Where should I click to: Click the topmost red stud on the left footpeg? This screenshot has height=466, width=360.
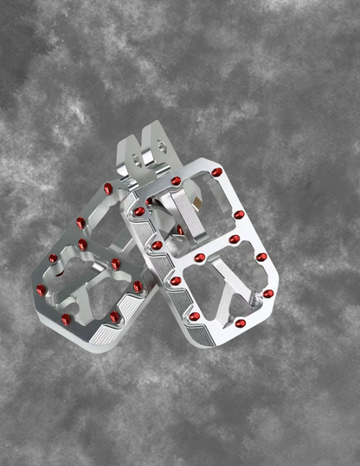click(107, 188)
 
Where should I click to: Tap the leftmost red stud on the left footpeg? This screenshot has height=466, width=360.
click(39, 290)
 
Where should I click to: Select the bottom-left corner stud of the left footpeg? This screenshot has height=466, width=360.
click(67, 319)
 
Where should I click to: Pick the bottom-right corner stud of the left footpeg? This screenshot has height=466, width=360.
click(114, 316)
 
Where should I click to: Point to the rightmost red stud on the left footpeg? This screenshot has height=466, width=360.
click(138, 285)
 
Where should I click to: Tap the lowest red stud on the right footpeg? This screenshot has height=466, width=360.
click(241, 323)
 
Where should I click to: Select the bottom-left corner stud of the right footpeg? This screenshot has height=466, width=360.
click(175, 280)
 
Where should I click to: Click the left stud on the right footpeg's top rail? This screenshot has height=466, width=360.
click(176, 182)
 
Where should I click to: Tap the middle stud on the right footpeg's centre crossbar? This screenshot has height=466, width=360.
click(200, 257)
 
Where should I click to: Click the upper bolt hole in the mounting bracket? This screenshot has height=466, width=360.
click(147, 161)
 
